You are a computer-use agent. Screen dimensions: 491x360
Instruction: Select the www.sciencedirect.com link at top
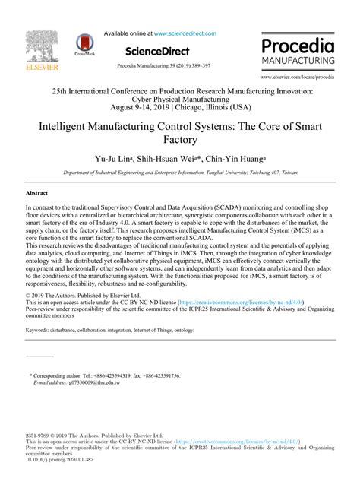click(185, 33)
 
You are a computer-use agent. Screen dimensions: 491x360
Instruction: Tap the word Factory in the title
click(180, 140)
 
